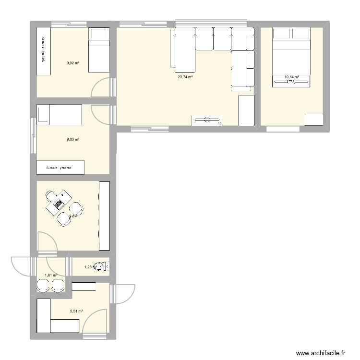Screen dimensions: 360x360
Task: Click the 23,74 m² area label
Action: (x=185, y=77)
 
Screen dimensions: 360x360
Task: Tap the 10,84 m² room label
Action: (x=291, y=77)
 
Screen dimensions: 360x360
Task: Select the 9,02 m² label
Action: (x=73, y=62)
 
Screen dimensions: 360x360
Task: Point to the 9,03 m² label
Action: (x=73, y=139)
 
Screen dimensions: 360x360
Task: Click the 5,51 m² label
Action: (x=76, y=311)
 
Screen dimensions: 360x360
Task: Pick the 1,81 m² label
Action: (x=51, y=276)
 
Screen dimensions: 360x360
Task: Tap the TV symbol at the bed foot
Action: (x=291, y=82)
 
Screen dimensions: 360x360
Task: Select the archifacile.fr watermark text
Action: (x=321, y=353)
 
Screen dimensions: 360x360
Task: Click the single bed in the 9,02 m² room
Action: (x=99, y=50)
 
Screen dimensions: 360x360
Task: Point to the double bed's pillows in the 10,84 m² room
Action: (x=291, y=33)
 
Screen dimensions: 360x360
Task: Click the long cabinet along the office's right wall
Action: (x=104, y=216)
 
